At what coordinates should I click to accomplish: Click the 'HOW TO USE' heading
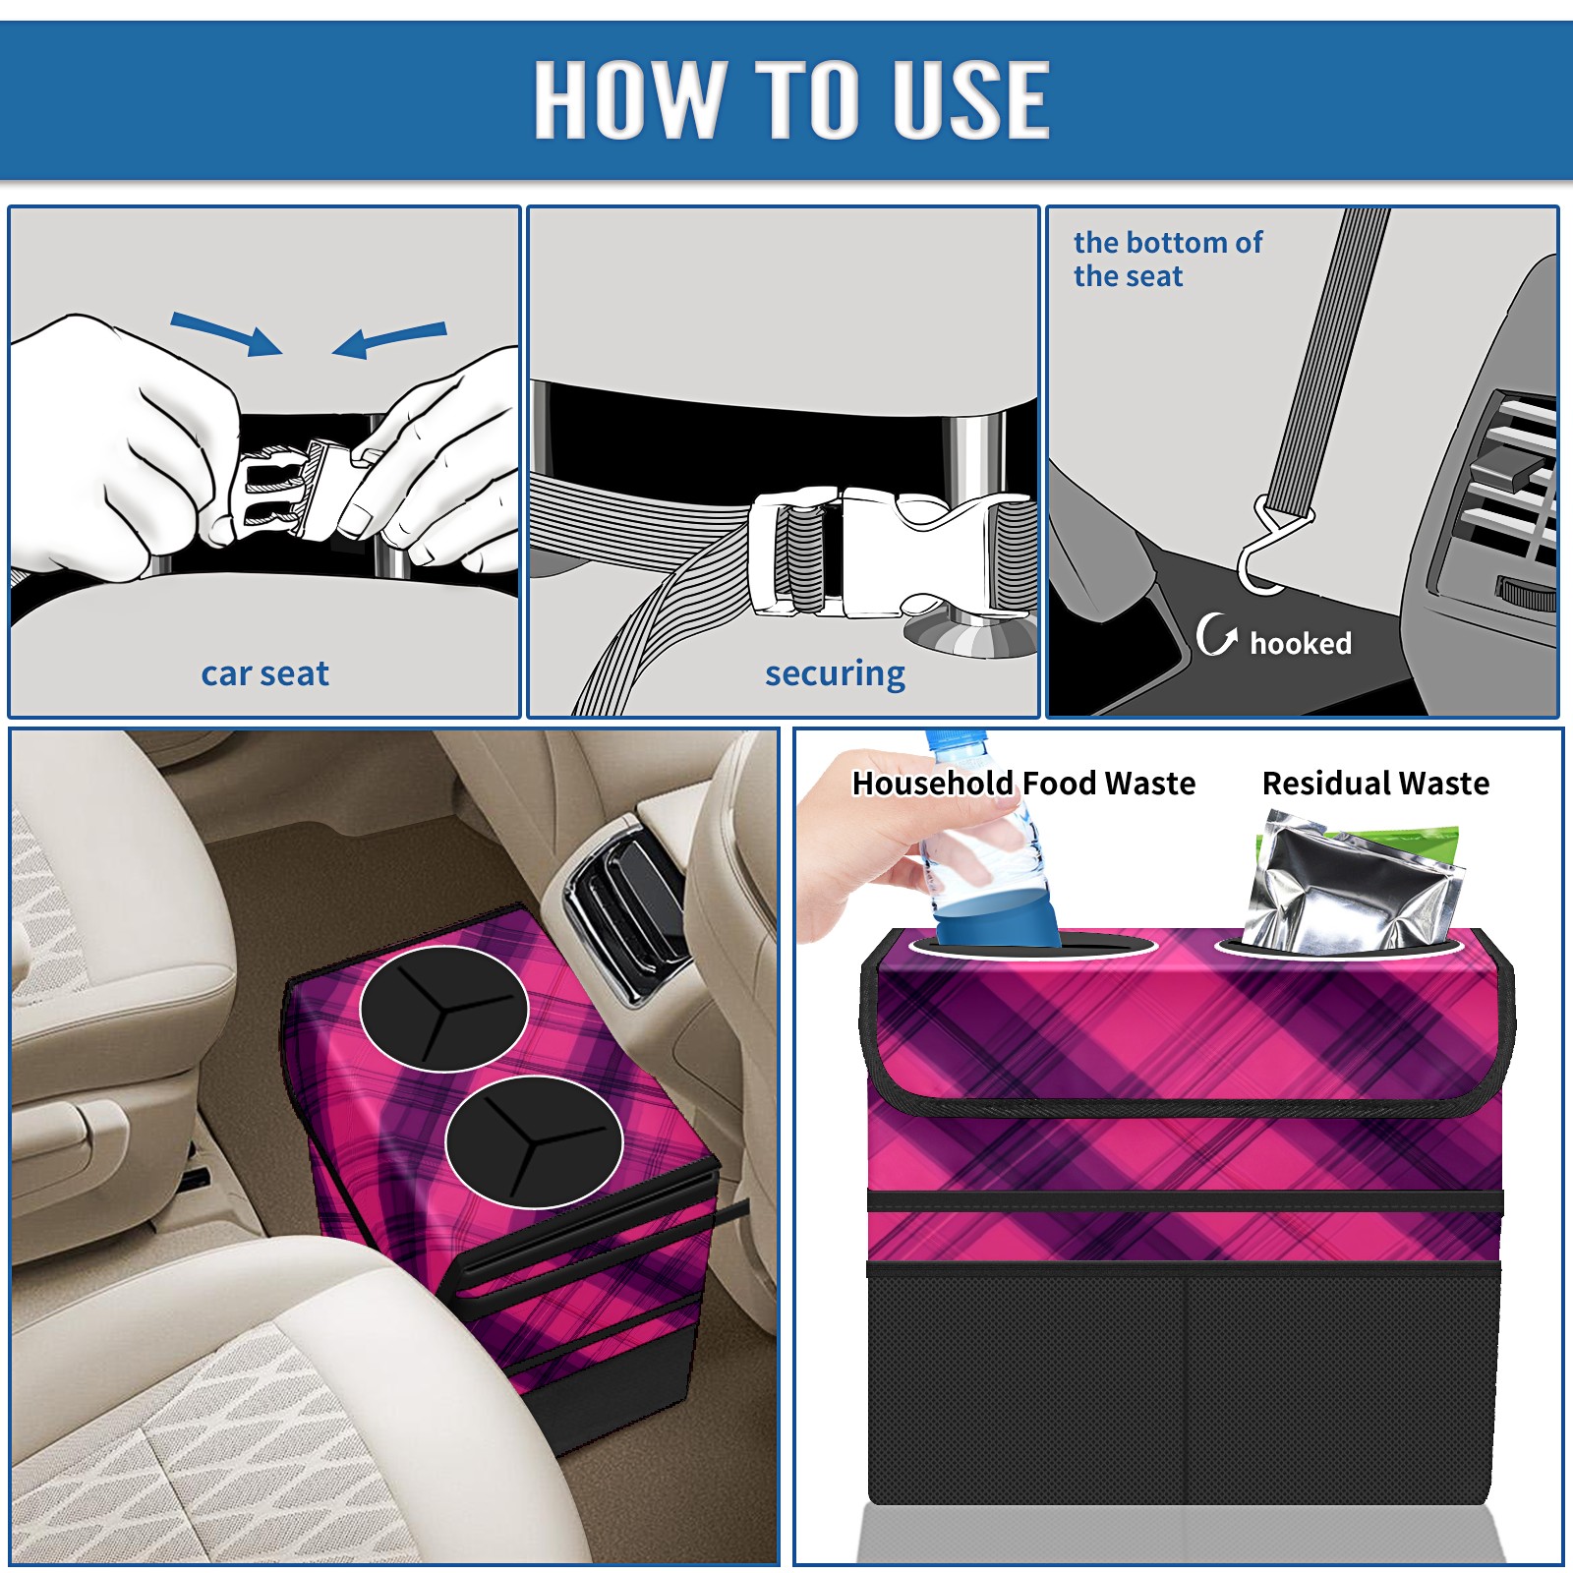point(791,98)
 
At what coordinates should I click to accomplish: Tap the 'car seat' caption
point(264,673)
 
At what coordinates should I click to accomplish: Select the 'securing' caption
point(835,674)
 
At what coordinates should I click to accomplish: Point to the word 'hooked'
point(1301,643)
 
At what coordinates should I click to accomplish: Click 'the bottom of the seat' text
point(1167,260)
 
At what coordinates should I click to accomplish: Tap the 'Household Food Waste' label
point(1023,783)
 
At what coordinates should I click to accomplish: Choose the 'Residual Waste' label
point(1375,783)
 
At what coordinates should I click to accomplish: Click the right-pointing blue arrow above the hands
point(226,333)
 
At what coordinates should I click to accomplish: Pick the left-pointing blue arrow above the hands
point(389,340)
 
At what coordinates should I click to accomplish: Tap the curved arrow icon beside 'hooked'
point(1216,634)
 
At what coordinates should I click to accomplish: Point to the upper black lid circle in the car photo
point(444,1009)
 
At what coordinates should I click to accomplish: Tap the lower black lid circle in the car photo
point(534,1141)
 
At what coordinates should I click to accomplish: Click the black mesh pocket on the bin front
point(1184,1386)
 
